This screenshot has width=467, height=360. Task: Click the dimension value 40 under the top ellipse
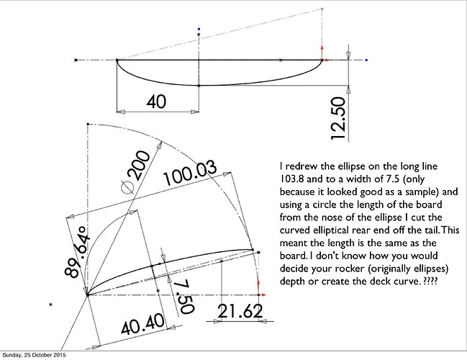[x=156, y=102]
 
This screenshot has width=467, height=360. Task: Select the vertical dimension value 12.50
[x=338, y=118]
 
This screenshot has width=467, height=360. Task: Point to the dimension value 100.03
[x=190, y=174]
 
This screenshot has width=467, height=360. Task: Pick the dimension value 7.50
[x=183, y=297]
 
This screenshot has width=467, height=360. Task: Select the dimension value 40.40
[x=143, y=324]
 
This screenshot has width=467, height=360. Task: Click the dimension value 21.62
[x=240, y=311]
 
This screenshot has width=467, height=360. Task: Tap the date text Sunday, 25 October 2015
[x=34, y=355]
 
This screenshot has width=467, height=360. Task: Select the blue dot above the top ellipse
[x=199, y=30]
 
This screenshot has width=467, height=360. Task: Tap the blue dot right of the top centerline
[x=366, y=60]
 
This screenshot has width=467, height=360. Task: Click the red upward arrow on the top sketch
[x=322, y=53]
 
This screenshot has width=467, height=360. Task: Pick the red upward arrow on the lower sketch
[x=258, y=287]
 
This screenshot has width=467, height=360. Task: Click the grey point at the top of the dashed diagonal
[x=322, y=9]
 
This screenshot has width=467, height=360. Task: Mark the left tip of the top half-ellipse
[x=117, y=60]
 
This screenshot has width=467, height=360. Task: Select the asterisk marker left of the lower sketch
[x=50, y=305]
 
